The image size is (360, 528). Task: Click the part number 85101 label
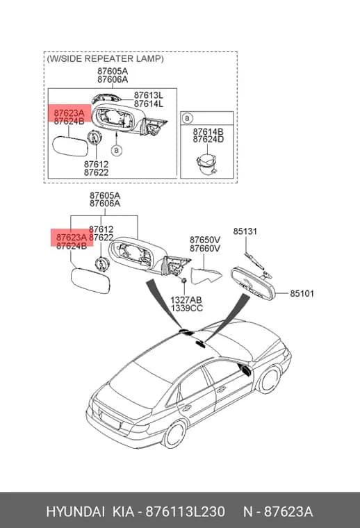point(302,294)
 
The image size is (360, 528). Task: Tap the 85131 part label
point(245,231)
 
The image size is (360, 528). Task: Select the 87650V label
point(205,240)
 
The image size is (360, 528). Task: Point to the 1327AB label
point(186,299)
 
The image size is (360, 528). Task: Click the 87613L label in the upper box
point(149,95)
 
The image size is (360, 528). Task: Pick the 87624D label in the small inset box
point(208,139)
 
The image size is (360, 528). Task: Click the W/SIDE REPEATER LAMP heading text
point(106,58)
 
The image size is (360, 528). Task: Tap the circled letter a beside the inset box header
point(187,118)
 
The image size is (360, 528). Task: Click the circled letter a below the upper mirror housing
point(117,150)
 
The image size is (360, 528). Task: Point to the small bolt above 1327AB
point(184,281)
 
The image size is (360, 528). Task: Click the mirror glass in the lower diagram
point(90,281)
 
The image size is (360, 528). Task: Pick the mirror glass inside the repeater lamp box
point(69,145)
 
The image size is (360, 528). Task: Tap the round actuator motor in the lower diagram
point(101,263)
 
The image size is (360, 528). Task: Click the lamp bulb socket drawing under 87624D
point(206,164)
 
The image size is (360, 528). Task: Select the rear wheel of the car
point(174,434)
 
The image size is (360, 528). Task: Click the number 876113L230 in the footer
point(185,512)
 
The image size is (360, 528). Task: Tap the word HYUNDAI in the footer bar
point(76,512)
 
